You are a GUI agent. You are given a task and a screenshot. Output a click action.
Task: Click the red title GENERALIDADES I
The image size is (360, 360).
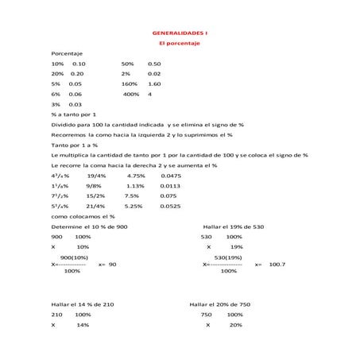(180, 33)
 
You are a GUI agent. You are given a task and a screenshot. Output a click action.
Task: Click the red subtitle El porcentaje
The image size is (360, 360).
(180, 43)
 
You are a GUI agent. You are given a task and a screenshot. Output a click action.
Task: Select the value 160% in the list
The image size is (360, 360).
(130, 83)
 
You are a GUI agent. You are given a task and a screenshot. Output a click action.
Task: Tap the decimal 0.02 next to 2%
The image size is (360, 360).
(155, 73)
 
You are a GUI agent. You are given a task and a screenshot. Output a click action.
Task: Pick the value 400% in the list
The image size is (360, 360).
(131, 94)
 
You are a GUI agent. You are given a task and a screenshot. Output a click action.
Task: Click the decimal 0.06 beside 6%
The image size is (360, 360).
(75, 94)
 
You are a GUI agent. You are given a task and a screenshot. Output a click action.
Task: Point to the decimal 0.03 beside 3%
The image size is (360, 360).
(75, 104)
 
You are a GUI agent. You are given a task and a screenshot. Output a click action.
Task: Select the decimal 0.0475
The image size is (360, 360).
(171, 176)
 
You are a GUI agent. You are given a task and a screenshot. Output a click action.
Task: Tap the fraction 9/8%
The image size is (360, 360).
(94, 186)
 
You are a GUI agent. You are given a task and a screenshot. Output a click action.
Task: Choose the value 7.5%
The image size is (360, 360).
(132, 195)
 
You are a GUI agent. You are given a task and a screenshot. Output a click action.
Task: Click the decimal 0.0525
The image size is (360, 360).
(171, 206)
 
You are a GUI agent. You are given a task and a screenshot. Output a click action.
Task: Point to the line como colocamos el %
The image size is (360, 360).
(83, 216)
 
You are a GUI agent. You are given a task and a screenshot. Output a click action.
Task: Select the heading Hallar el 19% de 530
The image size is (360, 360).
(233, 226)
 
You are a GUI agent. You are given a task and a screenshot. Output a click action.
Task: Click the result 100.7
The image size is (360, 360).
(277, 264)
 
